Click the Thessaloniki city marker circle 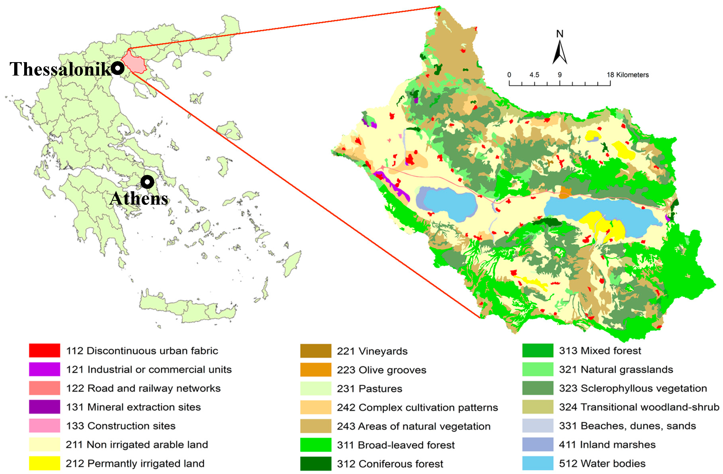click(117, 68)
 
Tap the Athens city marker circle click(147, 182)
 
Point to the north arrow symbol click(560, 52)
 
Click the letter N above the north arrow click(560, 34)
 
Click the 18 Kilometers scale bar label click(628, 75)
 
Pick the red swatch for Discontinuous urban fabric click(44, 350)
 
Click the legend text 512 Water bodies click(602, 463)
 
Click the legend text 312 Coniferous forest click(390, 464)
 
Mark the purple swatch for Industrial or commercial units click(44, 369)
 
